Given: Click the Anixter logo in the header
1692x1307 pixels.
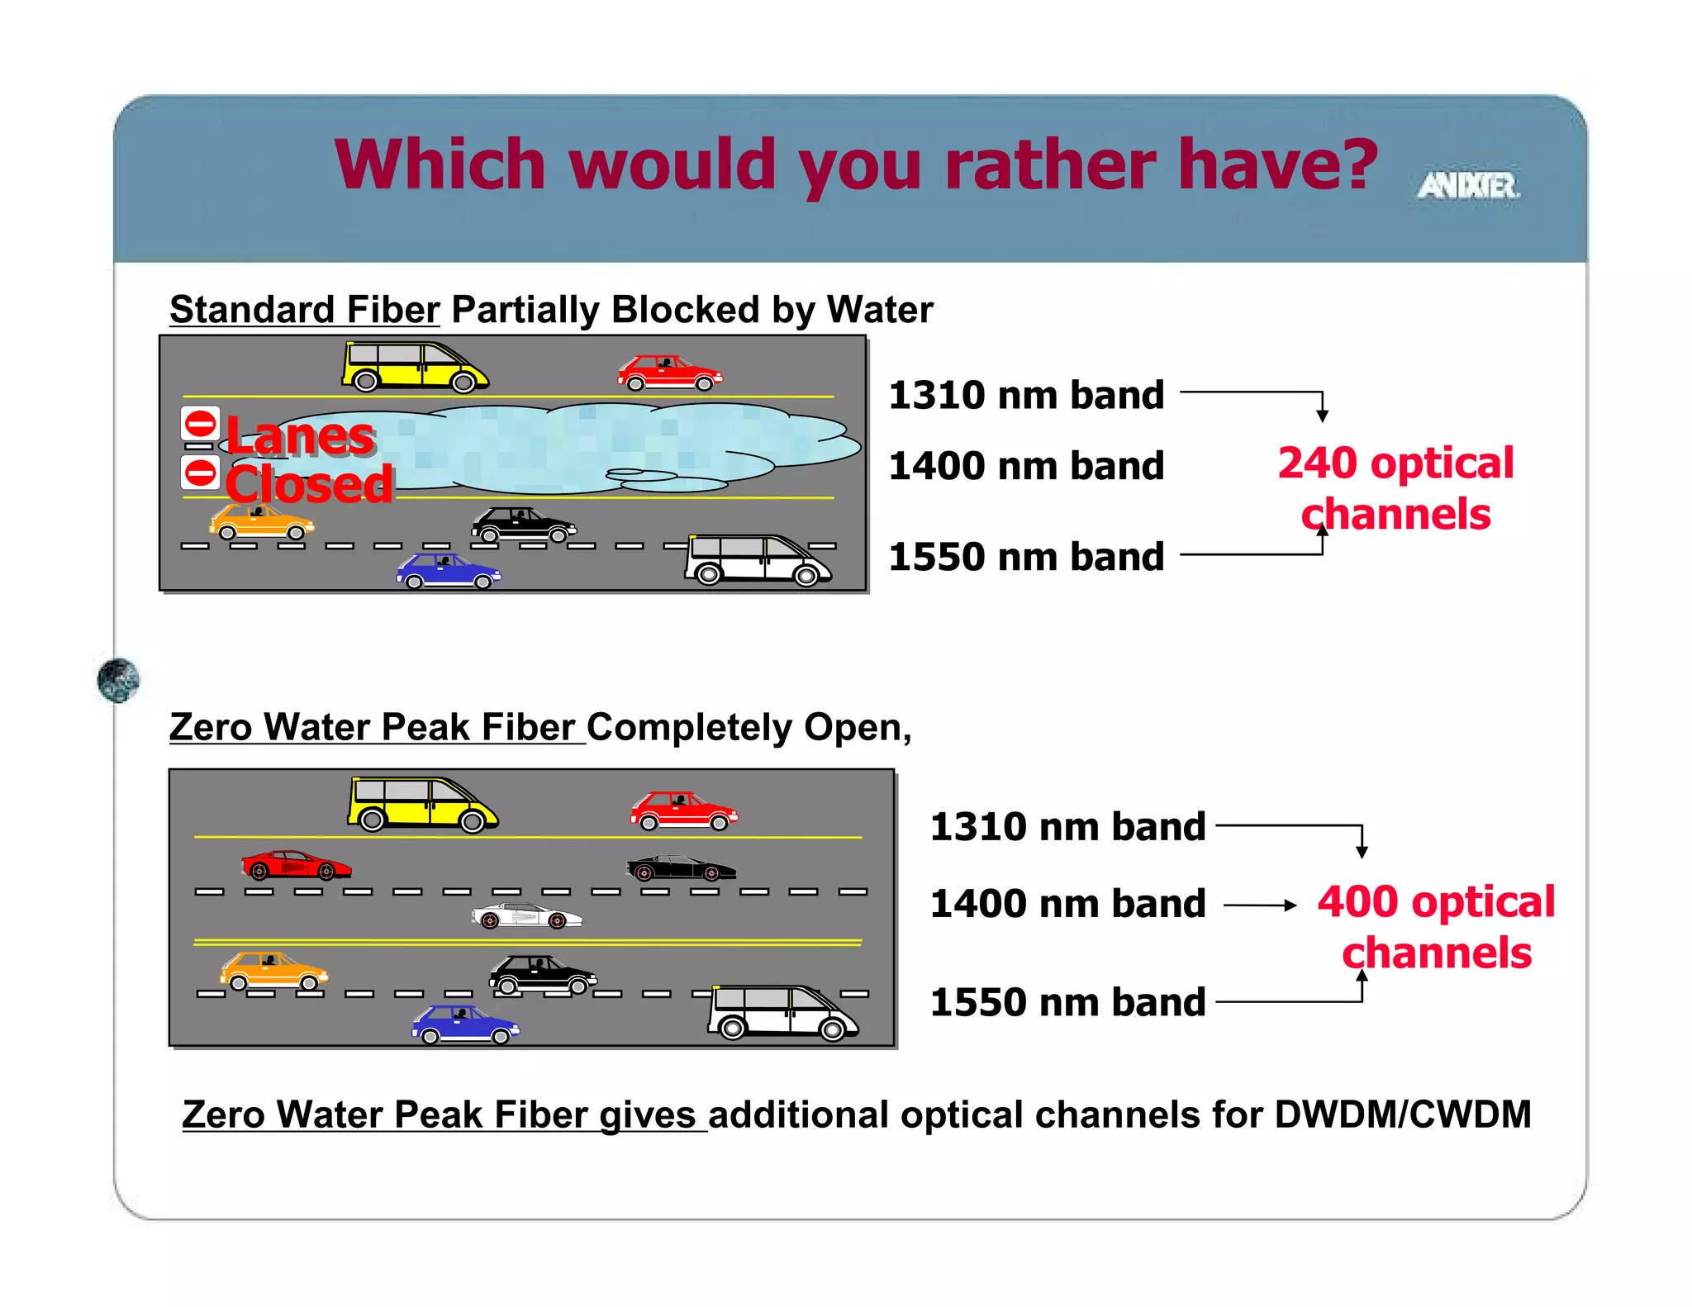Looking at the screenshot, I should (x=1468, y=185).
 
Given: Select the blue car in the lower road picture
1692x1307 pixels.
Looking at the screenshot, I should (x=465, y=1024).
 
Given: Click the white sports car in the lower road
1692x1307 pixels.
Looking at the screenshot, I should (x=526, y=916).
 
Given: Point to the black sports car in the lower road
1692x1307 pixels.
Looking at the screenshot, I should (x=681, y=867).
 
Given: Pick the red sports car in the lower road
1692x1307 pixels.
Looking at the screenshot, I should (x=296, y=865).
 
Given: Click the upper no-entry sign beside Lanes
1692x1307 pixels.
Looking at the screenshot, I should (x=200, y=424).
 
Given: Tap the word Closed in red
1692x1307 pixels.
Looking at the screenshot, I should (x=309, y=484).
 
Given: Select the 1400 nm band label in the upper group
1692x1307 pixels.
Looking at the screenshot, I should (x=1026, y=466).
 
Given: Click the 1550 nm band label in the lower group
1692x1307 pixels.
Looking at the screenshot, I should (x=1067, y=1002).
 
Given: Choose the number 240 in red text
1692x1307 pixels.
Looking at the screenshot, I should (x=1318, y=463).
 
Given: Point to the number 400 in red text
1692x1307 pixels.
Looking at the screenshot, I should (x=1357, y=901).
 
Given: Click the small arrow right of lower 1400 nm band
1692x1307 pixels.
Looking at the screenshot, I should (x=1260, y=905).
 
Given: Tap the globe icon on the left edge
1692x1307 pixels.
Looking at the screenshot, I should (x=118, y=680).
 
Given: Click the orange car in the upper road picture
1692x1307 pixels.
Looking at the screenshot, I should (x=261, y=522).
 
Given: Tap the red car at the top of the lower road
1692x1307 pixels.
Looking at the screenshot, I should (x=683, y=810).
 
